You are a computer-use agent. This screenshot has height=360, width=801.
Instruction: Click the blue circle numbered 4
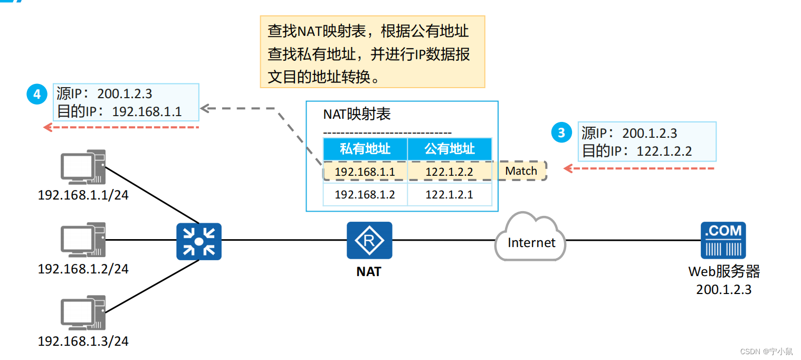pos(36,94)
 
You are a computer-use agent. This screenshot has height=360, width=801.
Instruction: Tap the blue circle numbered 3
pos(561,132)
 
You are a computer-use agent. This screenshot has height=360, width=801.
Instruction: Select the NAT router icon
pos(369,240)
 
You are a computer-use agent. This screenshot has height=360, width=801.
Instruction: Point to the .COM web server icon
pos(723,240)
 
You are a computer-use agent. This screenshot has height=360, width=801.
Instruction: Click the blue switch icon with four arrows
pos(198,241)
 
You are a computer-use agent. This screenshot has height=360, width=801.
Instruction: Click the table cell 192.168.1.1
pos(365,171)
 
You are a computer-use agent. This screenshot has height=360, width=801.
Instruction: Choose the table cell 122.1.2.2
pos(449,171)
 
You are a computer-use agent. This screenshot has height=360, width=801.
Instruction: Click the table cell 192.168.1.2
pos(365,194)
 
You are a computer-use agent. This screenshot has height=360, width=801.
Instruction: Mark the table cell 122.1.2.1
pos(449,194)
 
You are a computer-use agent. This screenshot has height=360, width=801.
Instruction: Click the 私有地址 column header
pos(365,149)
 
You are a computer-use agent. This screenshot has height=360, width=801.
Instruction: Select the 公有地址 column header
pos(450,149)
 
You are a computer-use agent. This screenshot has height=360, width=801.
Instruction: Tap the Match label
pos(521,171)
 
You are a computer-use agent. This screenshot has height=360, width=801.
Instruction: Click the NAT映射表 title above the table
pos(357,115)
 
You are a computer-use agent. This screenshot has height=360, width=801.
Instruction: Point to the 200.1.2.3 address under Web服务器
pos(723,289)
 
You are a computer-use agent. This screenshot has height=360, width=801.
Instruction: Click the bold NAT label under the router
pos(369,272)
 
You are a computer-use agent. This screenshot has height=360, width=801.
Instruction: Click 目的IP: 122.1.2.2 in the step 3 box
pos(636,151)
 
